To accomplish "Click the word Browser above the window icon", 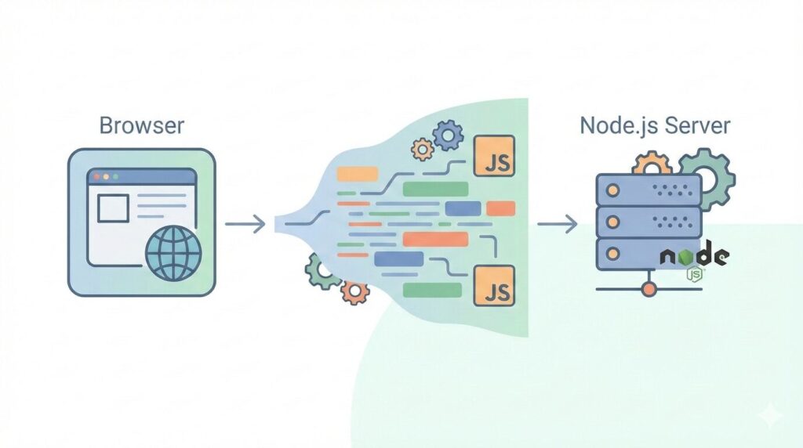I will coord(142,125).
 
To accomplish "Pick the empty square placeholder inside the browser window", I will coord(112,208).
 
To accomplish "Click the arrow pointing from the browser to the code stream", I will coord(245,226).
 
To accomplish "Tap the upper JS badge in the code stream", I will coord(494,156).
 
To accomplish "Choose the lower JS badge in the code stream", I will coord(494,285).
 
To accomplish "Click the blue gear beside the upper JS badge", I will coord(448,135).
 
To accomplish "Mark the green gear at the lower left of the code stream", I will coord(322,270).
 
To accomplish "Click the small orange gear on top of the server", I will coord(652,164).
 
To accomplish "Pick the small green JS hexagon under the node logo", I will coord(695,275).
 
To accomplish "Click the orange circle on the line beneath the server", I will coord(648,290).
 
